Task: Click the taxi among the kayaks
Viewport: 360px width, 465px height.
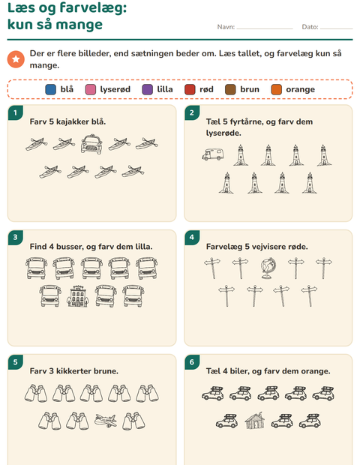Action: point(91,144)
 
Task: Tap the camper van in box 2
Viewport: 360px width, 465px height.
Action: point(213,154)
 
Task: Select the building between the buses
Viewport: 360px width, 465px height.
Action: point(78,296)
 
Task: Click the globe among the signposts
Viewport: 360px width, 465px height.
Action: point(268,268)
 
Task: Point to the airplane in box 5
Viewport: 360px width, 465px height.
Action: point(106,421)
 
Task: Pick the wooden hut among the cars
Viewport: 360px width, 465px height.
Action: point(255,421)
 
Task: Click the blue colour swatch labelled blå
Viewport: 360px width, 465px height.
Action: point(51,89)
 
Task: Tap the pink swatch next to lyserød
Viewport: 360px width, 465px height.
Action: point(91,89)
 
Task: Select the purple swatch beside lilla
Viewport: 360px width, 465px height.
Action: point(148,89)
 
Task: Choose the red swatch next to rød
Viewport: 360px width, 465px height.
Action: point(190,89)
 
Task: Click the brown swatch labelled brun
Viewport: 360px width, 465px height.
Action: point(230,89)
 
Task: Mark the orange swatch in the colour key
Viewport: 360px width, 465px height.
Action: point(277,89)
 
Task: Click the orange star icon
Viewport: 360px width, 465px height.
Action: point(16,59)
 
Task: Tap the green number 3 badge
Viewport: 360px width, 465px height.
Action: point(16,237)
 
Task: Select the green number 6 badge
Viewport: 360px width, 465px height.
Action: point(192,361)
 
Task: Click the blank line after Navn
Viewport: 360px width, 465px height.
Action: point(265,28)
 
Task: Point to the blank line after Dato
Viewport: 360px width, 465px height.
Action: point(336,28)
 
